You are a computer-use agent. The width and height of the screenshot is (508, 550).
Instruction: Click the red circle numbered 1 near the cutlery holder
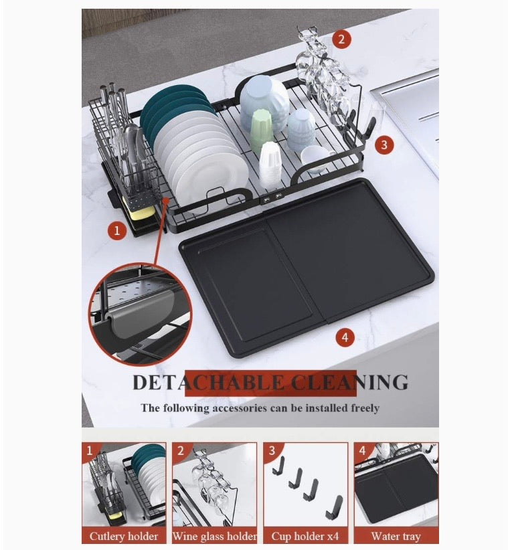(117, 231)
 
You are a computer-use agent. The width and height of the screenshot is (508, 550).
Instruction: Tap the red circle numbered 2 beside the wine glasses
(342, 39)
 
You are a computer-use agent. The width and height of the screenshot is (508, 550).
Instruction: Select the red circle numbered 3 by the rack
(384, 145)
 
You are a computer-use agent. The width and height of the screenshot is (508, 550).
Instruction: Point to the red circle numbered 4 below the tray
(345, 337)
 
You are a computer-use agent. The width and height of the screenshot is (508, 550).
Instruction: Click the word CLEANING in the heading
(350, 382)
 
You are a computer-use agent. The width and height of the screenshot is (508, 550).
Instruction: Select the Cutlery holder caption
(124, 536)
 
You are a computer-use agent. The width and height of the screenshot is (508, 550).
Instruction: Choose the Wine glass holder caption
(215, 536)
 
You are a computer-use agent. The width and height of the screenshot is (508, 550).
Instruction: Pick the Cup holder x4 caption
(305, 536)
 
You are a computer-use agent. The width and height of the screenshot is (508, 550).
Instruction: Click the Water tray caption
(396, 537)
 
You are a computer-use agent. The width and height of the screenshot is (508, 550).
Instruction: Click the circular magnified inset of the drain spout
(140, 314)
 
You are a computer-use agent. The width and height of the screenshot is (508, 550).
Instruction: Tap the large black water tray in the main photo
(307, 268)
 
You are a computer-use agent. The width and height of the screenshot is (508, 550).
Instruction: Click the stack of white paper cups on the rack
(270, 164)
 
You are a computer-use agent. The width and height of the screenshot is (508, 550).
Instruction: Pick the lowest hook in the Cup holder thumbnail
(334, 508)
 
